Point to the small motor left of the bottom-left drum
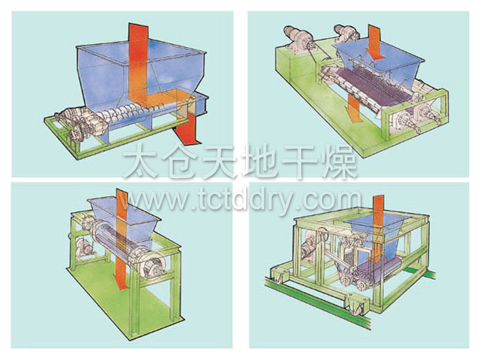[x=84, y=248]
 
